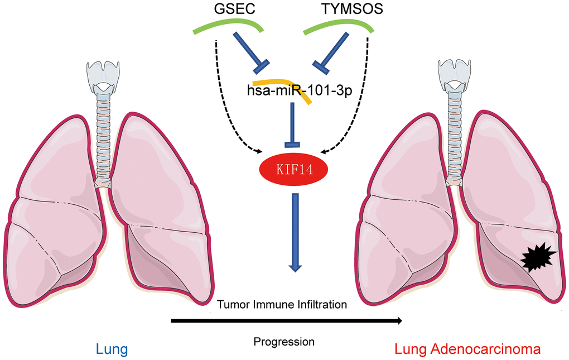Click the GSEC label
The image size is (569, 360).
(228, 10)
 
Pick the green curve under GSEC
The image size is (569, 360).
(228, 25)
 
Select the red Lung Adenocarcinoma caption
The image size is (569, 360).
(467, 350)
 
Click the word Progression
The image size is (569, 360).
(284, 341)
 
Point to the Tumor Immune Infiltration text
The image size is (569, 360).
(282, 305)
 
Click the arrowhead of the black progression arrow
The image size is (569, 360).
(398, 321)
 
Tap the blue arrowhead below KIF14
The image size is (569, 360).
(296, 268)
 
